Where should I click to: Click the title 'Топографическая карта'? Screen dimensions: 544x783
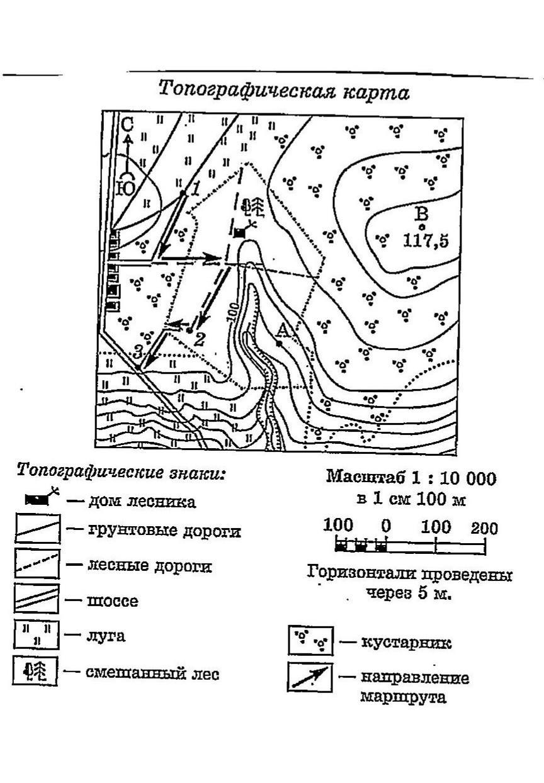click(x=283, y=91)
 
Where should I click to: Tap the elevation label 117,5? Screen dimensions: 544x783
click(x=426, y=241)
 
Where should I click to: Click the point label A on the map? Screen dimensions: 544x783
click(x=283, y=329)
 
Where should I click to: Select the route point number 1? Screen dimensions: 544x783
click(x=195, y=188)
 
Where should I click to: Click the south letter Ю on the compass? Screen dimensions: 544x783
click(x=127, y=187)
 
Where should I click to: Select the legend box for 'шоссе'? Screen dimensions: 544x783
click(x=37, y=599)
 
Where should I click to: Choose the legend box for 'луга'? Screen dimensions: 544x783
click(x=37, y=634)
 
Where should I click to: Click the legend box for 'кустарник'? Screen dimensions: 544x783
click(x=311, y=641)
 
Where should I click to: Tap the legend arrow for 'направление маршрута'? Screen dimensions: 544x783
click(x=310, y=677)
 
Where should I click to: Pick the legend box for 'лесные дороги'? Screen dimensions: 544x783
click(x=37, y=564)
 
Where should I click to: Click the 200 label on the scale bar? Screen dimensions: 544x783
click(x=484, y=527)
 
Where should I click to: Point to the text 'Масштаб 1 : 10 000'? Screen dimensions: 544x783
click(x=411, y=478)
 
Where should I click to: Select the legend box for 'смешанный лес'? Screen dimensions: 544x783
click(x=35, y=671)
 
